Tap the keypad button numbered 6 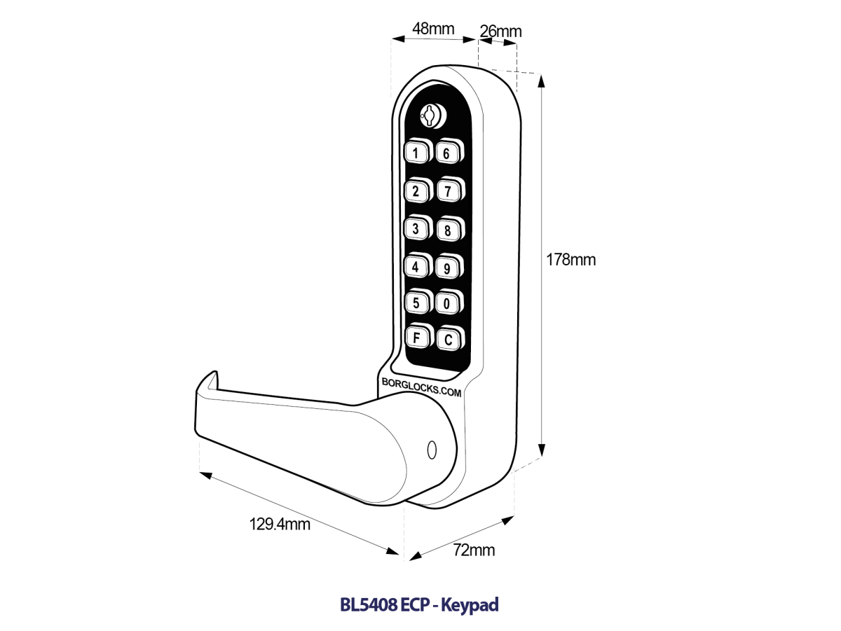(x=446, y=153)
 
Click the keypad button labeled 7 (x=446, y=190)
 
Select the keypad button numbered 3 (x=416, y=228)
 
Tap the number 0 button (x=446, y=303)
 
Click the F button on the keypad (x=416, y=338)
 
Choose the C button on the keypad (x=447, y=340)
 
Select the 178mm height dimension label (x=570, y=260)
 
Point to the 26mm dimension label (x=500, y=32)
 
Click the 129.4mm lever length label (x=280, y=524)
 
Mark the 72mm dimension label (x=474, y=550)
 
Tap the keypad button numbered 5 (x=416, y=303)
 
